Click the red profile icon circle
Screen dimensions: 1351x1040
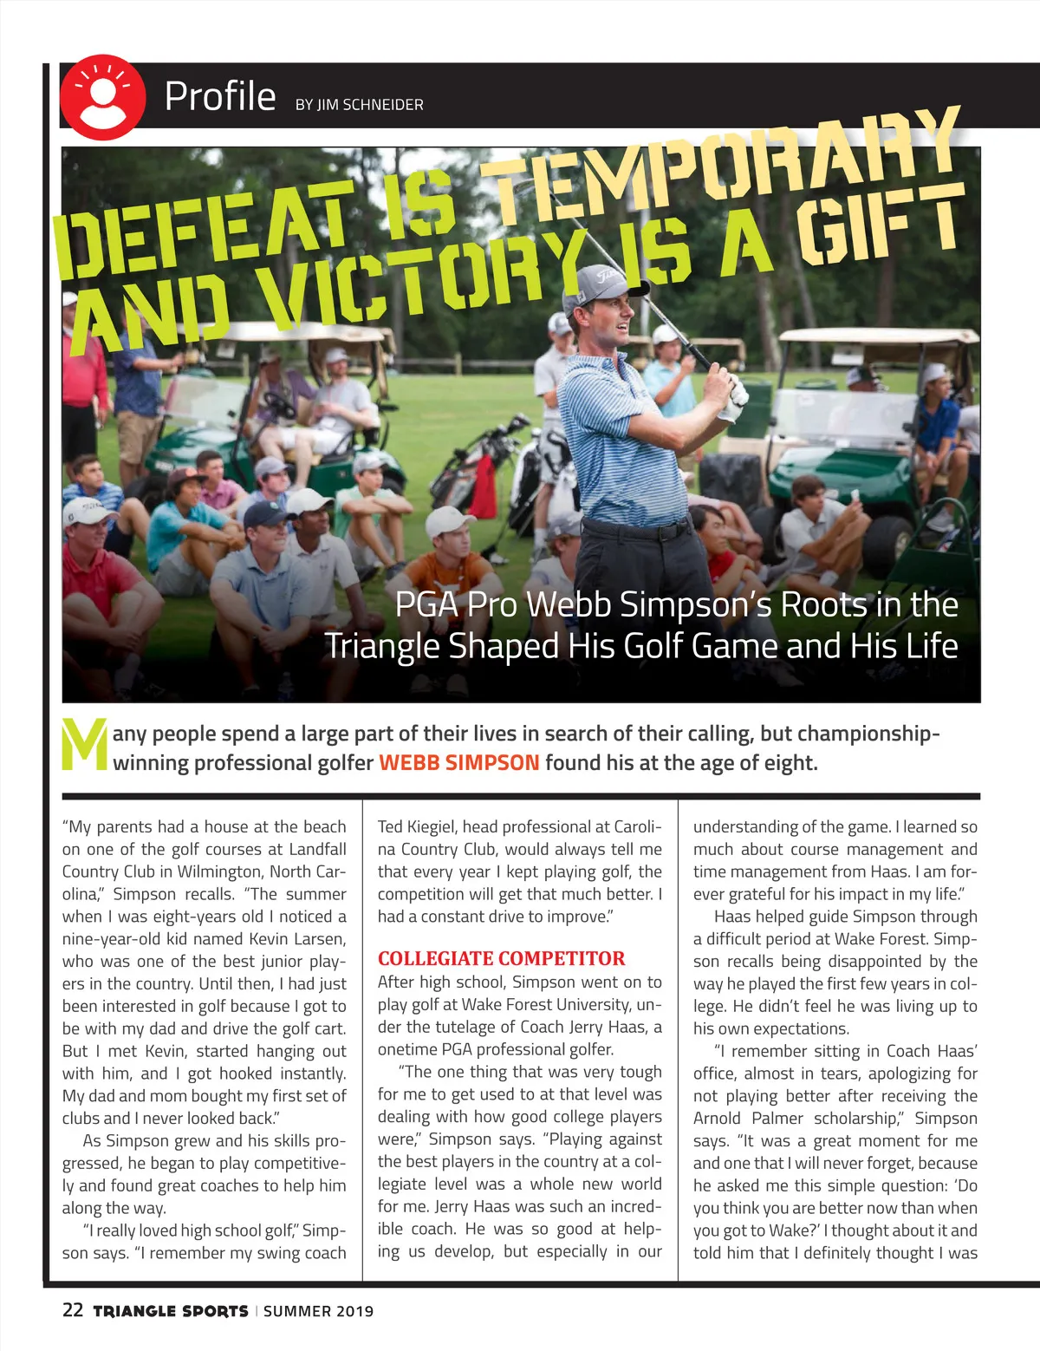[x=102, y=97]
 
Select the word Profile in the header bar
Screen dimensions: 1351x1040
[x=220, y=96]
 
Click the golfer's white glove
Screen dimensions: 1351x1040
[x=735, y=400]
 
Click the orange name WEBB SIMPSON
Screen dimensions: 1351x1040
[x=458, y=763]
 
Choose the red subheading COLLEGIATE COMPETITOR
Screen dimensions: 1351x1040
[x=501, y=958]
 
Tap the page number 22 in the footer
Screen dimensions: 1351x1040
[x=73, y=1309]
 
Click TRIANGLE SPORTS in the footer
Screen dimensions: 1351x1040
[x=171, y=1311]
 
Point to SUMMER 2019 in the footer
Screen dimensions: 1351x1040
[x=318, y=1311]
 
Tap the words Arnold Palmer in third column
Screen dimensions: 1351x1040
[x=752, y=1119]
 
